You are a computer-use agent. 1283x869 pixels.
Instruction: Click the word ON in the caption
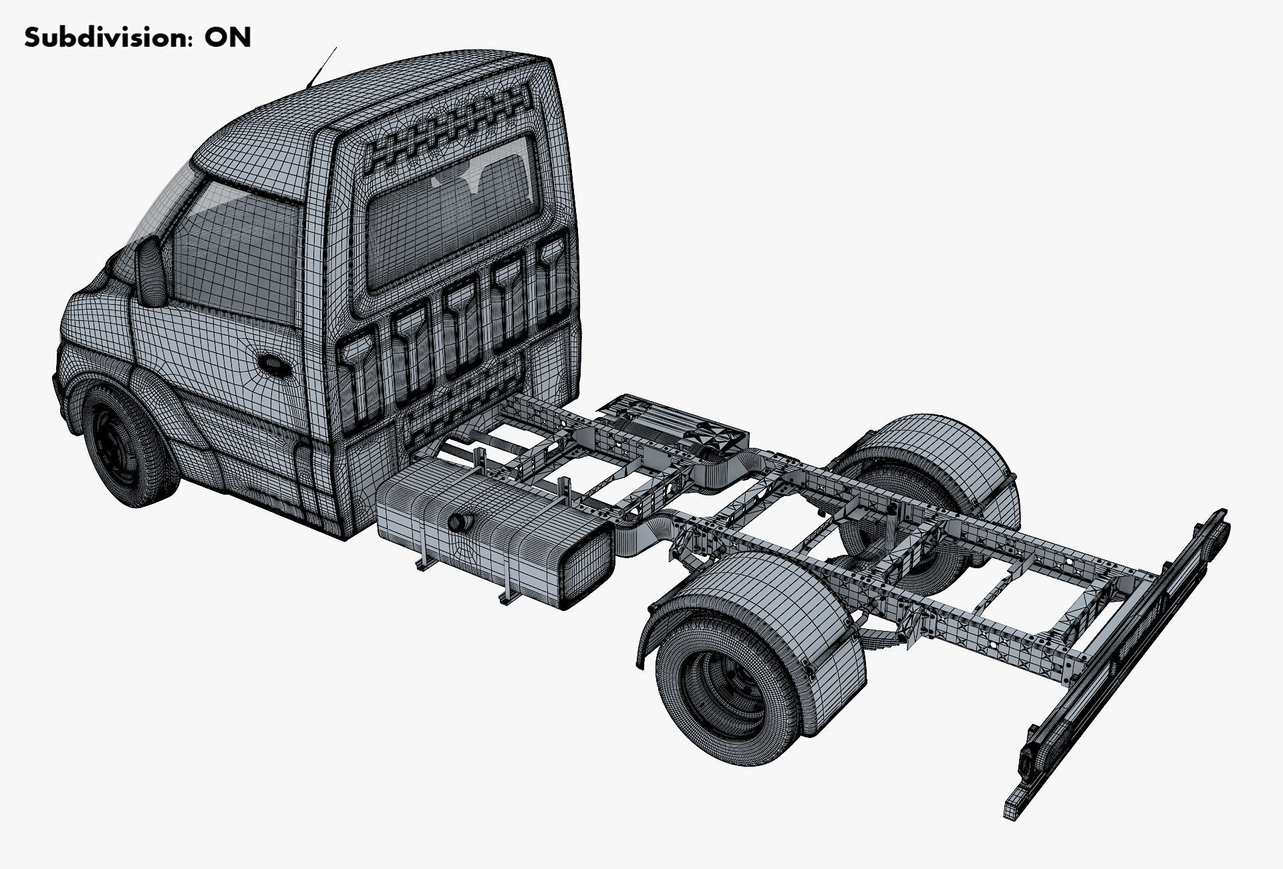pyautogui.click(x=228, y=37)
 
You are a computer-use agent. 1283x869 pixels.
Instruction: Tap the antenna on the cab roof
pyautogui.click(x=321, y=68)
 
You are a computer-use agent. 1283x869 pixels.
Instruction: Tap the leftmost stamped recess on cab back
pyautogui.click(x=361, y=378)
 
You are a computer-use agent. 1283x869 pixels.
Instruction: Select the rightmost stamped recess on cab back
pyautogui.click(x=552, y=281)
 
